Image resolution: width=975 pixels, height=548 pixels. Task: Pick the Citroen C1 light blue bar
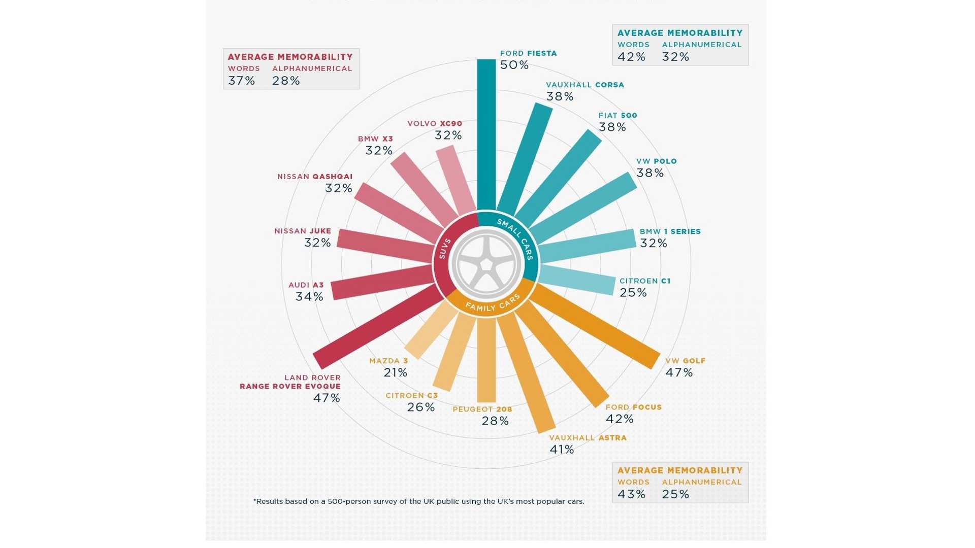[578, 280]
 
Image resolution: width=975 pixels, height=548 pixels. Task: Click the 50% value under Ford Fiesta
[514, 65]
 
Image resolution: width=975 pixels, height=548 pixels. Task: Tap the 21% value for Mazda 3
[396, 372]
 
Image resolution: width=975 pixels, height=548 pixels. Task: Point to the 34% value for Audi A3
[309, 296]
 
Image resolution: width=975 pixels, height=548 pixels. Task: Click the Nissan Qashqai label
[315, 177]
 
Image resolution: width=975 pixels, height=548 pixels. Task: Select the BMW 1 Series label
[670, 231]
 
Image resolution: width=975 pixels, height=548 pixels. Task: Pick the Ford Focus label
[633, 407]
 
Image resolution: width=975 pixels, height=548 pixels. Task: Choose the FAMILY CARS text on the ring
[493, 303]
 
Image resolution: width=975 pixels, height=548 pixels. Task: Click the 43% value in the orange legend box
[631, 494]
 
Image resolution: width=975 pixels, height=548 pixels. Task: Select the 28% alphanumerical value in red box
[286, 81]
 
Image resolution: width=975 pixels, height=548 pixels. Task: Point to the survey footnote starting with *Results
[418, 501]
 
